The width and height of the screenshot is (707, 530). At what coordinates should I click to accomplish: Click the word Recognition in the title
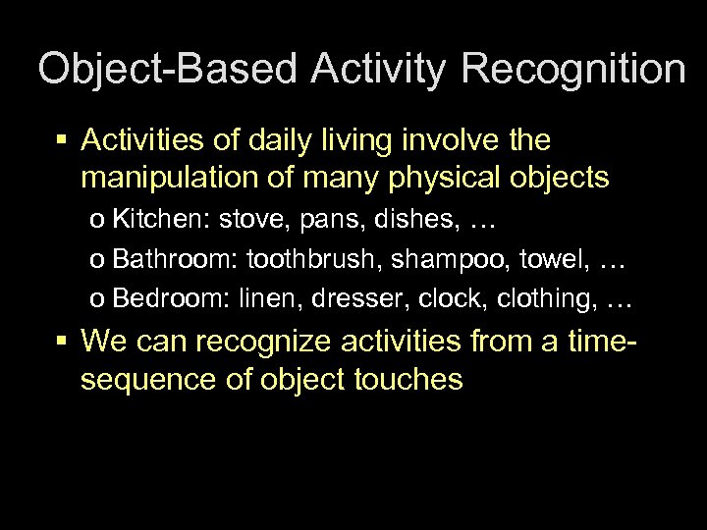(573, 70)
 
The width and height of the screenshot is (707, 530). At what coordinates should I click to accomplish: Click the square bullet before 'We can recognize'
(61, 341)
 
